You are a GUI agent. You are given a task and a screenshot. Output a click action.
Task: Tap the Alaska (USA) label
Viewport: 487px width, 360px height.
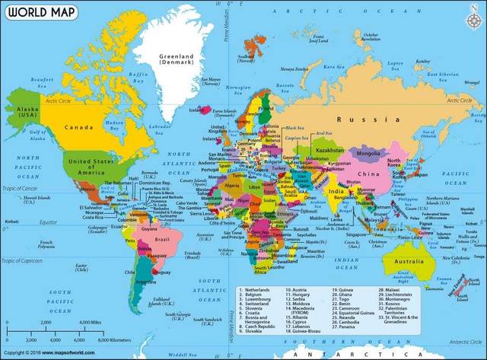tap(26, 113)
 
